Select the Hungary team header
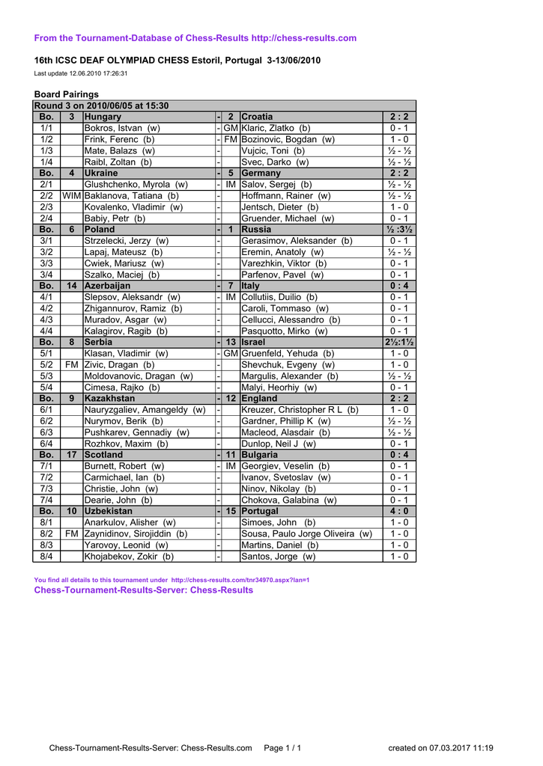103,117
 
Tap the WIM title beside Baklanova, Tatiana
72,195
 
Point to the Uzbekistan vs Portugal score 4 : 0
398,511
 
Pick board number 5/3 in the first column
46,376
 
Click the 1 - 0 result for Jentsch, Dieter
398,206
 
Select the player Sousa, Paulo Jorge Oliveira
306,533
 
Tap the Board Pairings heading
67,94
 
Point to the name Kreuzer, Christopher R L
300,410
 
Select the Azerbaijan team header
108,286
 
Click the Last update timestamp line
81,73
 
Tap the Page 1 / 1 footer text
283,748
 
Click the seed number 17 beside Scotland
72,454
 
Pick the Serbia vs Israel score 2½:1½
398,342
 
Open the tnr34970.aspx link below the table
240,580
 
